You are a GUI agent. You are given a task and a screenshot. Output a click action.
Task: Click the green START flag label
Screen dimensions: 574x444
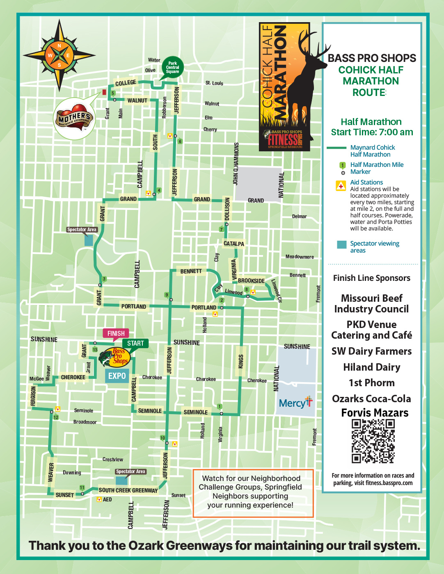pos(135,343)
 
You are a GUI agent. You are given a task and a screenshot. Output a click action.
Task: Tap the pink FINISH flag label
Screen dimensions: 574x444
pos(116,333)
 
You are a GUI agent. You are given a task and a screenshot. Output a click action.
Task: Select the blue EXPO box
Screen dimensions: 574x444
pos(117,376)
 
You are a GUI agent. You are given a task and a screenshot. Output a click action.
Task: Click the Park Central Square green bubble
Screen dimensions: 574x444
pos(172,68)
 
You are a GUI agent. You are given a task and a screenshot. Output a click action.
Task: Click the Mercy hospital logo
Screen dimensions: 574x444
pos(295,403)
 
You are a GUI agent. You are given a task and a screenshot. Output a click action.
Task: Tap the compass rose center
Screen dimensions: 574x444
pos(60,55)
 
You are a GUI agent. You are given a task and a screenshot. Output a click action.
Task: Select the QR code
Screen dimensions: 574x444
pos(373,441)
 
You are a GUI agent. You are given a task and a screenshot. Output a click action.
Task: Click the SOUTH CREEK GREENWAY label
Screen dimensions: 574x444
pos(128,490)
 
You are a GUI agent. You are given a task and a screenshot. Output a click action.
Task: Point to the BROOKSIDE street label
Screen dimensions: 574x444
pos(251,281)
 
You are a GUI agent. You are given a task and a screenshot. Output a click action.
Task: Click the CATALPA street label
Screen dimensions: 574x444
pos(233,244)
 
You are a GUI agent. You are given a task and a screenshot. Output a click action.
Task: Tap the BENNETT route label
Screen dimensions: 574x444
pos(191,271)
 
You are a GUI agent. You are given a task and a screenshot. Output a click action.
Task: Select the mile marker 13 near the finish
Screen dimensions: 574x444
pos(95,349)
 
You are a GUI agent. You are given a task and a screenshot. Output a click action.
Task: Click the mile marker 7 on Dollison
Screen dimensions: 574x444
pos(222,230)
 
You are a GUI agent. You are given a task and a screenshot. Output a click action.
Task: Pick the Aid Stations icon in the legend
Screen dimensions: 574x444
pos(341,186)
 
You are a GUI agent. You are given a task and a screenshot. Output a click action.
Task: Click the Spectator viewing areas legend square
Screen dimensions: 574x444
pos(341,244)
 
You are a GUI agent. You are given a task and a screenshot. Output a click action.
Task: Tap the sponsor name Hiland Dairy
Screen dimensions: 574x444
pos(371,367)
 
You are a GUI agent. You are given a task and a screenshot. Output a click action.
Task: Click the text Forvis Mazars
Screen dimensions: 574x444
pos(375,413)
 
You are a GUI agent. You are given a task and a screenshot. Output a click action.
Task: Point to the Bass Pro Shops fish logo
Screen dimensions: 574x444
pos(114,357)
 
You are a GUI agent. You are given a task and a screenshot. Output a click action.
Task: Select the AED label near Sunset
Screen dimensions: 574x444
pos(107,499)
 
